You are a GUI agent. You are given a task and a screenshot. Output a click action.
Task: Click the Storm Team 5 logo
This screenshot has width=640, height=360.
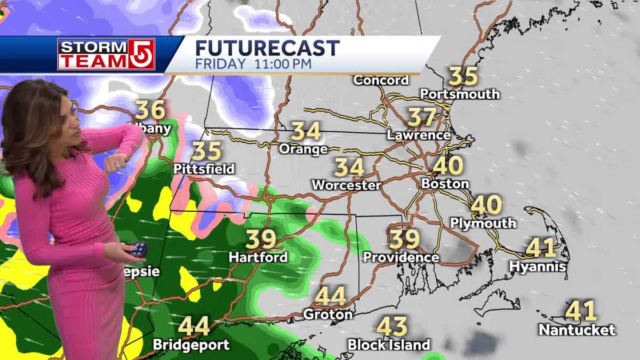coord(106,54)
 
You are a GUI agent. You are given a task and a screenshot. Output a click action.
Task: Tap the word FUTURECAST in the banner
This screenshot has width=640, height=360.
coord(267,48)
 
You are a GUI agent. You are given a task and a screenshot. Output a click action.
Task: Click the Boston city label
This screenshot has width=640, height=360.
coord(445,183)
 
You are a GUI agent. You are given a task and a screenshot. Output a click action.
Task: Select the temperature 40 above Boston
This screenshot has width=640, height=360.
coord(447,166)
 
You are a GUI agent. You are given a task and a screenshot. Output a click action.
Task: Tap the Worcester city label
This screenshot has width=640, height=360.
coord(346,186)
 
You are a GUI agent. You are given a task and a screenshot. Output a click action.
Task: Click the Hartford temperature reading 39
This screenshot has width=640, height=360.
coord(261,239)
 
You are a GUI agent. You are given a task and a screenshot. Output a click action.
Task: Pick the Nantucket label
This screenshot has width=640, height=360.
coord(577,330)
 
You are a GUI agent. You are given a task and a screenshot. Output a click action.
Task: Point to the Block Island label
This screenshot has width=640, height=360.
coord(389,345)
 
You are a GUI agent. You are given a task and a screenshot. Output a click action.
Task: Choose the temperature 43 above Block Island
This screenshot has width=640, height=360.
coord(392,326)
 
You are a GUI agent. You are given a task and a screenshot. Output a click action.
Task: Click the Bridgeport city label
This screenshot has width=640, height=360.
coord(191,345)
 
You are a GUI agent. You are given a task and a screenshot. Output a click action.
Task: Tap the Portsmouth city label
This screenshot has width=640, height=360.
coord(460,94)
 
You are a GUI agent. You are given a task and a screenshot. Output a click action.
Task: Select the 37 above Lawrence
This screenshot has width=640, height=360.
coord(422,117)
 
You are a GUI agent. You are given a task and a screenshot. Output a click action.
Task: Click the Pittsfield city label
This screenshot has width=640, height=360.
coord(204,169)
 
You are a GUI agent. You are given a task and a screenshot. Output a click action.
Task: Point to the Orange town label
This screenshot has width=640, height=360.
coord(303,149)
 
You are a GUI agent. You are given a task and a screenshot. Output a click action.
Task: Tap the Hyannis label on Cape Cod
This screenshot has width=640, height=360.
coord(538,266)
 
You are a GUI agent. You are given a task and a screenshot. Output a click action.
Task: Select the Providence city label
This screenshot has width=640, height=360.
coord(401,257)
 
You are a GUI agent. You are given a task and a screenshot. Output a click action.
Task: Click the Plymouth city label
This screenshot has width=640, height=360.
coord(483,223)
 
